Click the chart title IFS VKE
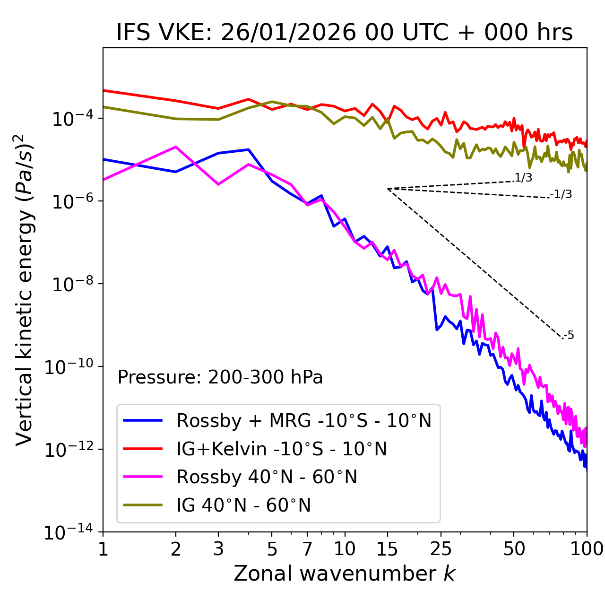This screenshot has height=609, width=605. [x=345, y=33]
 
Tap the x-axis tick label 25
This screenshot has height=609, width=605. [x=441, y=549]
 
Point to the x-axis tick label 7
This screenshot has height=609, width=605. [x=307, y=549]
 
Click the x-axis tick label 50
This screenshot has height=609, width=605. [x=514, y=549]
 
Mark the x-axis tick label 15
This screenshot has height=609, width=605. [x=387, y=549]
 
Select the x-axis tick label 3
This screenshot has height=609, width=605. [x=218, y=549]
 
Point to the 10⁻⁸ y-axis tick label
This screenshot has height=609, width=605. [x=71, y=284]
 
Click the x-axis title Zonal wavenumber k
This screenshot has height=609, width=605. [x=345, y=574]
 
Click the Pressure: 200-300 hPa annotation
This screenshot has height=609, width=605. [x=220, y=377]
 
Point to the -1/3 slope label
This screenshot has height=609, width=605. [x=562, y=194]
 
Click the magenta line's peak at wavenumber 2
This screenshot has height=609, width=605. [x=176, y=147]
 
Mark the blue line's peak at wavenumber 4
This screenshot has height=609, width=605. [x=249, y=149]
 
